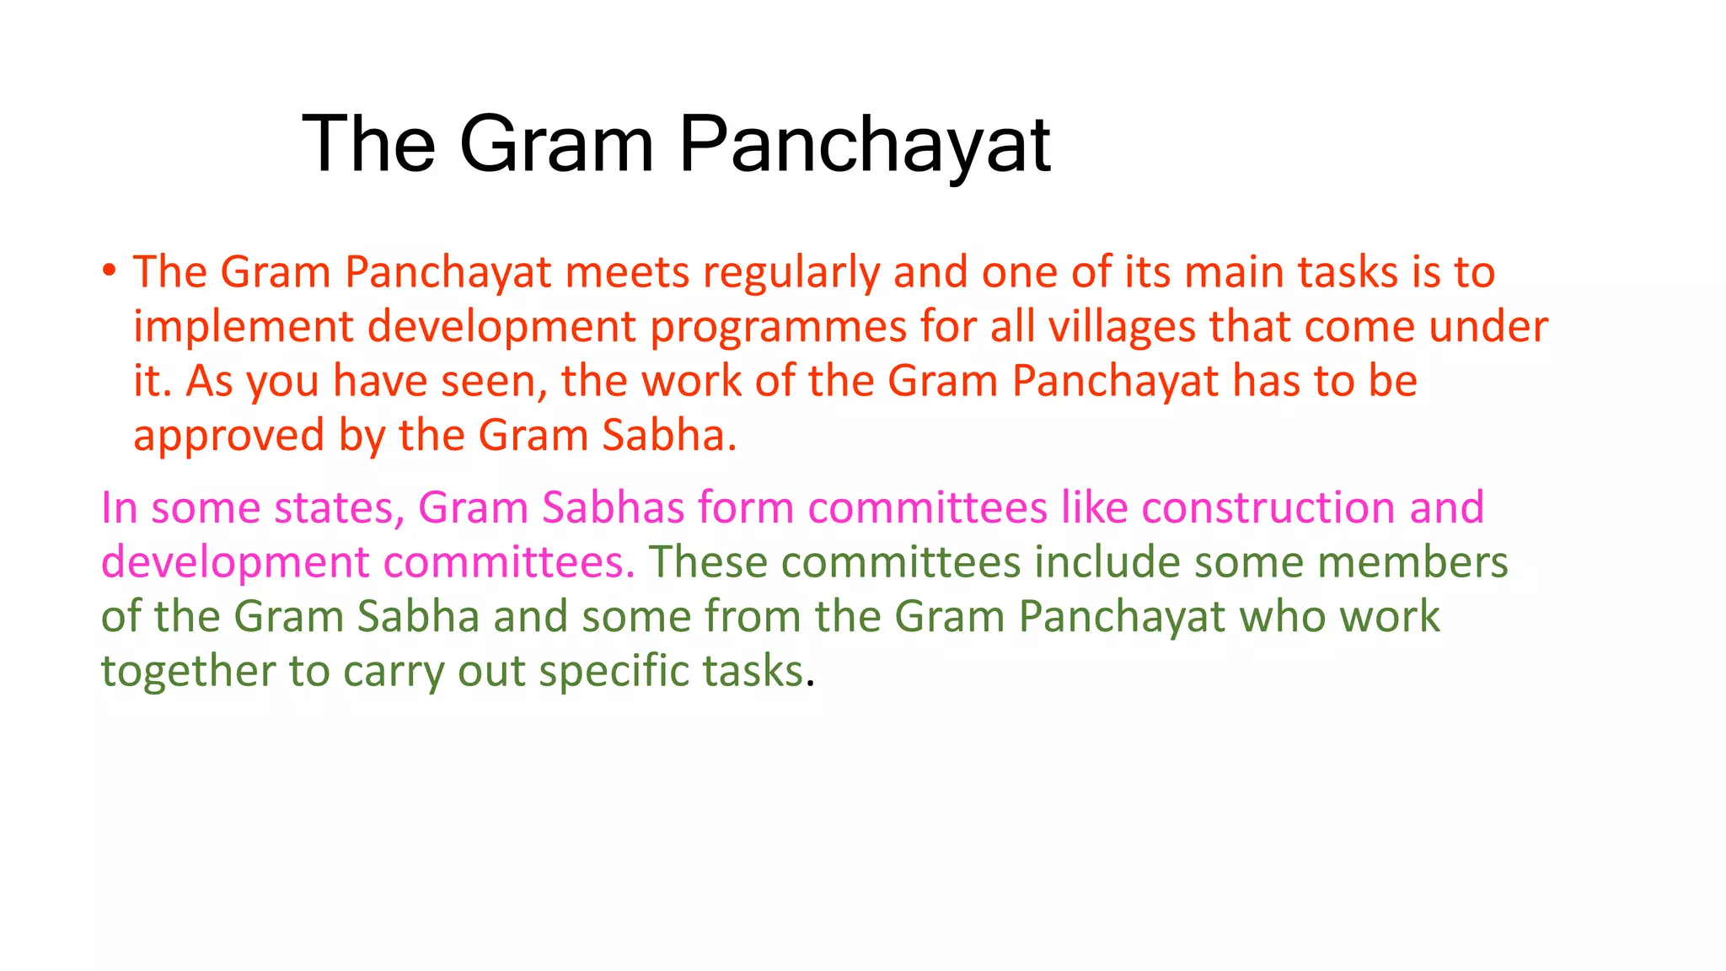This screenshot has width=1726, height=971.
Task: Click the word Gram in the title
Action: pos(556,145)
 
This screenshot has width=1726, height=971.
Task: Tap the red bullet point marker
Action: pos(109,271)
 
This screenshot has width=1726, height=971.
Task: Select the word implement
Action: pos(243,327)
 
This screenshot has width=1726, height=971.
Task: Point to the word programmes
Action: pos(778,327)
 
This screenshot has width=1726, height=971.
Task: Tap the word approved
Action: pos(228,437)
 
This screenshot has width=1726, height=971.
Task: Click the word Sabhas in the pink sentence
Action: pos(613,508)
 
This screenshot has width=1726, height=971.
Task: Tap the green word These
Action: pos(707,562)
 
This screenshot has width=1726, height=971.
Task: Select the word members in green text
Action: pos(1412,562)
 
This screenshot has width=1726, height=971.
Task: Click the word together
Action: pos(188,672)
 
